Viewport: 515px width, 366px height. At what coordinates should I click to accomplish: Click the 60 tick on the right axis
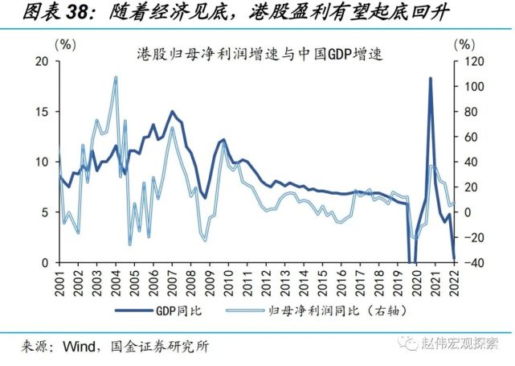[x=468, y=136]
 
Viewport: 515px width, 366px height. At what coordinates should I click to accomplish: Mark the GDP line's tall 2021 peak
[x=431, y=78]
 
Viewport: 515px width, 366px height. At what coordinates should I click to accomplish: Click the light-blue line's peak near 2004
[x=116, y=77]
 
